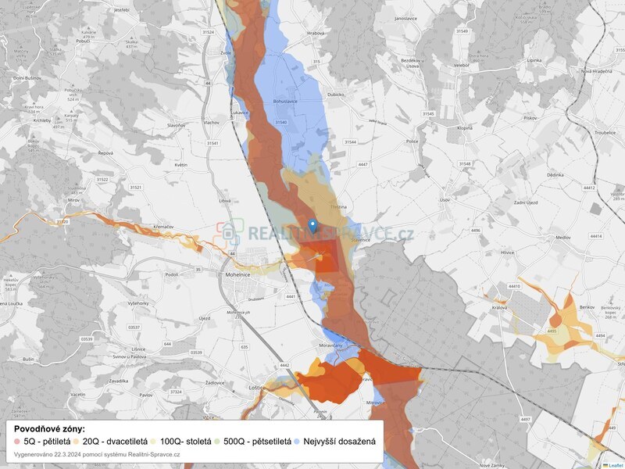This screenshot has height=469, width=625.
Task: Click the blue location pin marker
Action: coord(313,226)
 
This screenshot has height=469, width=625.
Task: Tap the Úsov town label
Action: coord(445,200)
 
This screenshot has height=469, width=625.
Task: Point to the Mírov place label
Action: coord(74,200)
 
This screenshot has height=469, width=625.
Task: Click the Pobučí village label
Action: coord(84,41)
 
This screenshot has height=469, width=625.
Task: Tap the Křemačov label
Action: coord(164,225)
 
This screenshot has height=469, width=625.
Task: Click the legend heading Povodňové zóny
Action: coord(50,429)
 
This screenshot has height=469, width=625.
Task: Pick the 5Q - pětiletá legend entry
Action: coord(43,442)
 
